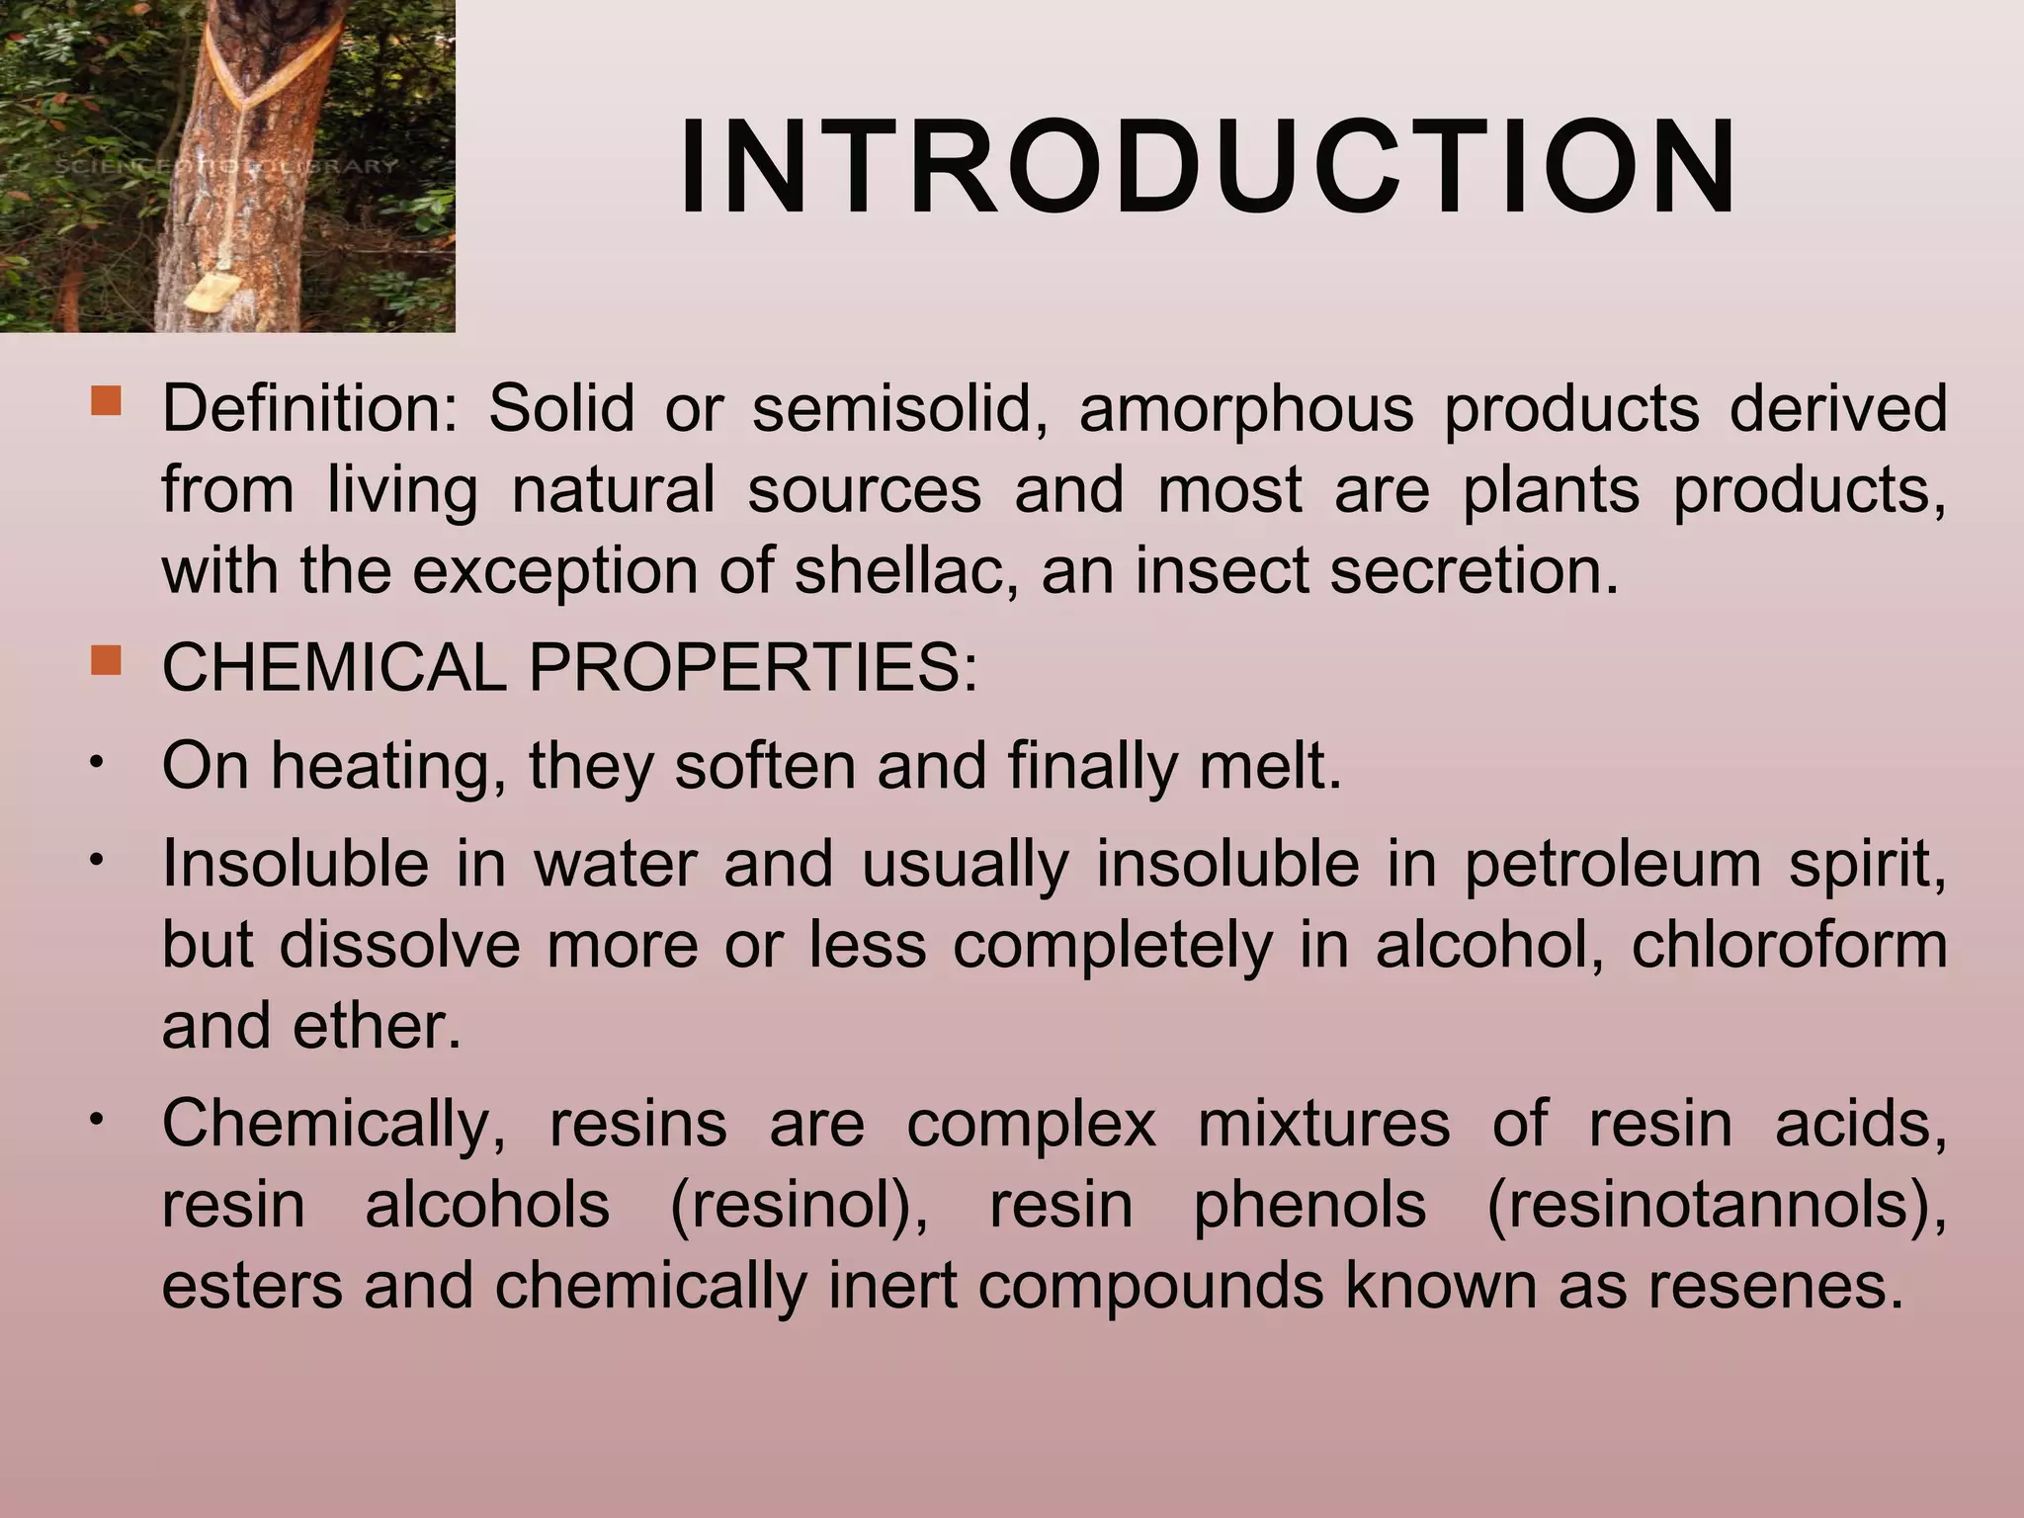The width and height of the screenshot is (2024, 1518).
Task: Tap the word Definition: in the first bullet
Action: [x=309, y=410]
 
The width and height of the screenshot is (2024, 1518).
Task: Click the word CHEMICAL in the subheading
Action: [x=333, y=668]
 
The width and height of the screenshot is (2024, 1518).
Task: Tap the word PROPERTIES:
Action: [x=753, y=668]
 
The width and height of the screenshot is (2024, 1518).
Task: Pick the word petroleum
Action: [x=1612, y=864]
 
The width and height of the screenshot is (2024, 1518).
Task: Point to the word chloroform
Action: [x=1789, y=945]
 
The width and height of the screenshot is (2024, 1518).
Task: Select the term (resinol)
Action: [x=799, y=1206]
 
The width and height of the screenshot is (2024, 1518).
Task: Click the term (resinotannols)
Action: [x=1716, y=1206]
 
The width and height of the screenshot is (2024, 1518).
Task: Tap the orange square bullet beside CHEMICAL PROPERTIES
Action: [x=105, y=659]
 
